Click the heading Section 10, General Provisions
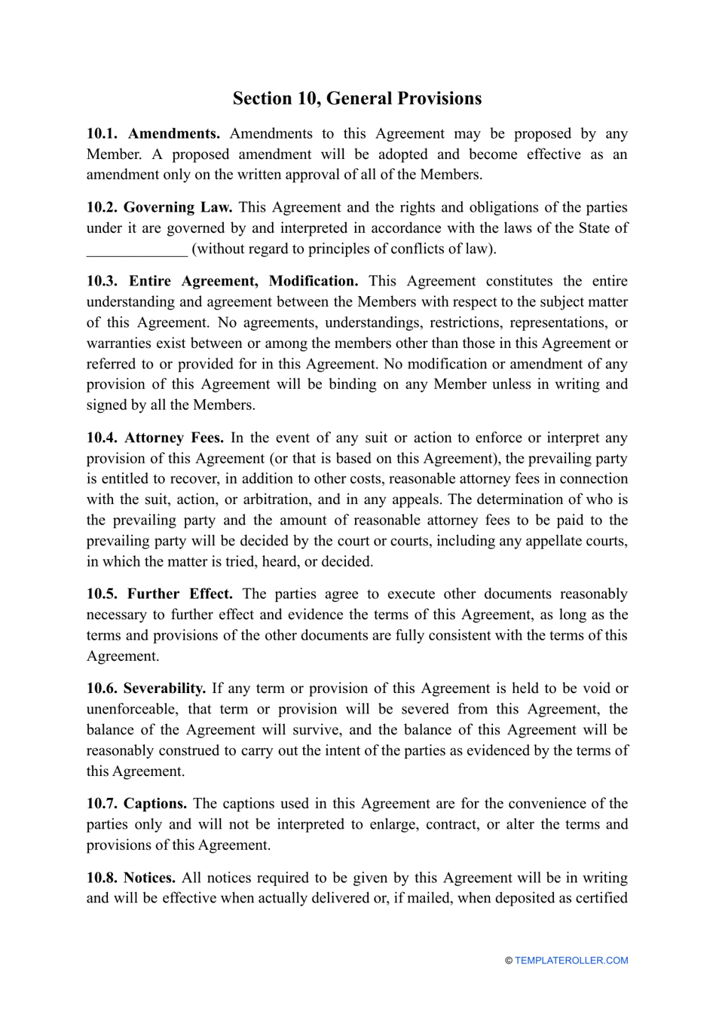(x=356, y=99)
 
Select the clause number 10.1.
(x=102, y=134)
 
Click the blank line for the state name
(x=136, y=249)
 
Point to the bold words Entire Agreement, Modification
(x=243, y=281)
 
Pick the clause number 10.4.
(x=102, y=438)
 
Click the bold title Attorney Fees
(x=174, y=438)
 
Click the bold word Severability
(x=164, y=689)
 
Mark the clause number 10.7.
(x=102, y=804)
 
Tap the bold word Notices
(x=149, y=878)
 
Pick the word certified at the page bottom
(x=601, y=898)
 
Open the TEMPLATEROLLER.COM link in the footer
(x=571, y=961)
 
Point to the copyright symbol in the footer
(x=509, y=961)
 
